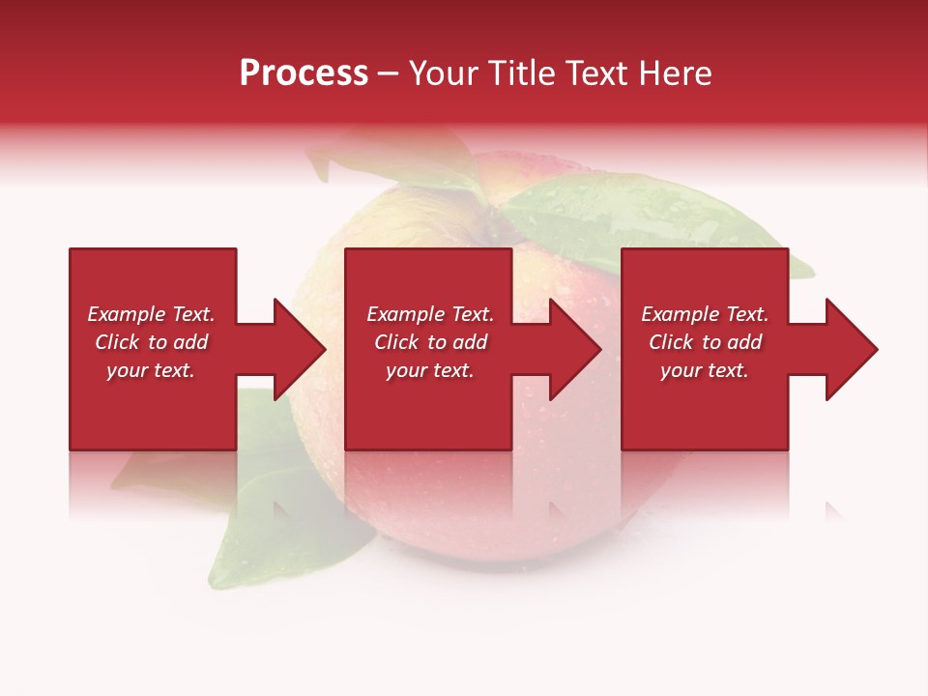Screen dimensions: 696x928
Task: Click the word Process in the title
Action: (x=304, y=73)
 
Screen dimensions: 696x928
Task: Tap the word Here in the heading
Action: (x=674, y=73)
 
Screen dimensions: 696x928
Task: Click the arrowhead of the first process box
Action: (x=300, y=349)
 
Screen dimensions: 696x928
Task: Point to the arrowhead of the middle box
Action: (x=575, y=349)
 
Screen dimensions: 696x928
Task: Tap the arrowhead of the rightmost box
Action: (x=852, y=349)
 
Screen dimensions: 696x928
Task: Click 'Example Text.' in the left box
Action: (x=151, y=314)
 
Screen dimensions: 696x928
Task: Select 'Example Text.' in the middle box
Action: (x=430, y=314)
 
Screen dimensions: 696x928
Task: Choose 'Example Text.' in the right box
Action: (x=705, y=314)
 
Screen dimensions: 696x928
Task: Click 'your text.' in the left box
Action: (x=151, y=370)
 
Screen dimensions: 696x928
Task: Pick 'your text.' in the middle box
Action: (x=430, y=370)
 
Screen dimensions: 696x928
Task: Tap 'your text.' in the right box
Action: (x=705, y=370)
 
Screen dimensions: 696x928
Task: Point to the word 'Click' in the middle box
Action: (x=397, y=342)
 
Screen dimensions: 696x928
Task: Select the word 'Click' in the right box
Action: (x=672, y=342)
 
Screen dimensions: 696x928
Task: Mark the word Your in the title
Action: (x=441, y=73)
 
